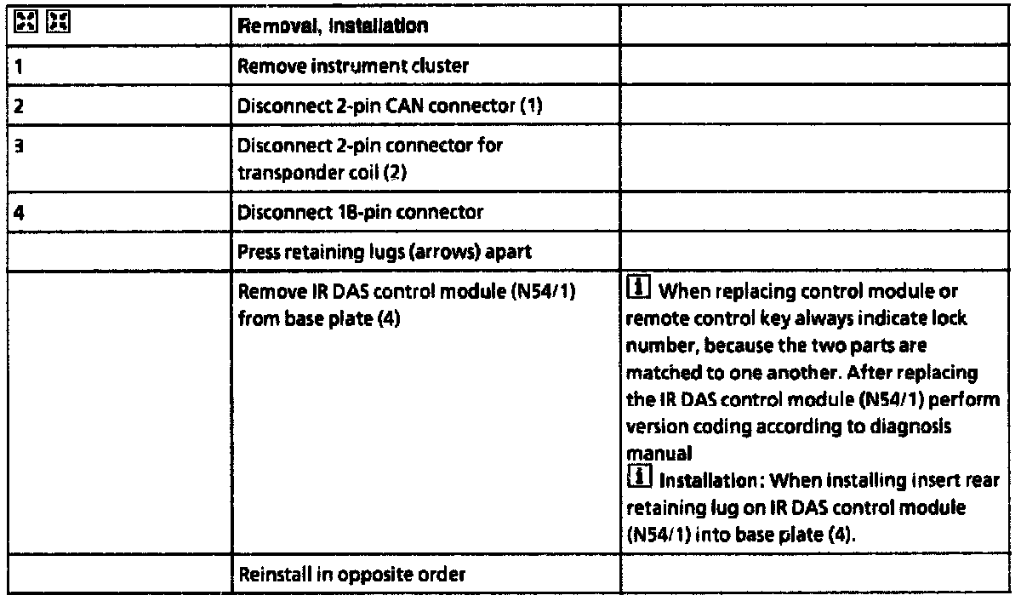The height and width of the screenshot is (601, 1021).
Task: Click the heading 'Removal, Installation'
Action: [334, 26]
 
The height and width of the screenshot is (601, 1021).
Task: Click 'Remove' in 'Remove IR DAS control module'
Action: [264, 294]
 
